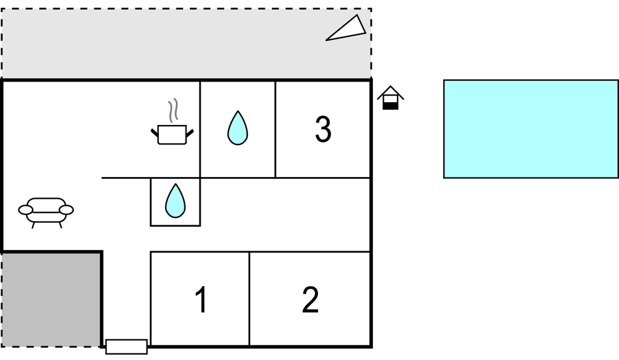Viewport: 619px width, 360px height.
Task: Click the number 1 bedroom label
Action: click(x=201, y=300)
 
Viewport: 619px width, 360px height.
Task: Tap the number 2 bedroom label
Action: click(x=310, y=300)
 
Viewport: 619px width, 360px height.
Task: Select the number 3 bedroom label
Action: click(x=323, y=129)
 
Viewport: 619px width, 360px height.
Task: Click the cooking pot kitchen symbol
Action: click(x=172, y=134)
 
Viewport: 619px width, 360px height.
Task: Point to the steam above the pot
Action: click(x=173, y=111)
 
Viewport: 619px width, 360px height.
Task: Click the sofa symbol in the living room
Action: click(x=47, y=210)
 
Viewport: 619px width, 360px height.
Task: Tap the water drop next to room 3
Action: click(x=238, y=128)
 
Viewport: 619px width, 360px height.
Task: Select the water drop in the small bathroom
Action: click(x=175, y=201)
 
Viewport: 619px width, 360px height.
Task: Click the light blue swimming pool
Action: click(x=530, y=129)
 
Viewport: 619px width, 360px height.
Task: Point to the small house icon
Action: click(x=391, y=98)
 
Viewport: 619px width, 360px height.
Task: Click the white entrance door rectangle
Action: click(x=126, y=347)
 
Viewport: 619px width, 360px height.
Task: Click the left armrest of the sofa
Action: click(x=25, y=210)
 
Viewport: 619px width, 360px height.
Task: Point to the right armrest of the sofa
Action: click(x=66, y=210)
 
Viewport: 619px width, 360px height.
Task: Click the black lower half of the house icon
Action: click(x=391, y=106)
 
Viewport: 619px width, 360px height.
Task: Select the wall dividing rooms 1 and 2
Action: click(x=250, y=299)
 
